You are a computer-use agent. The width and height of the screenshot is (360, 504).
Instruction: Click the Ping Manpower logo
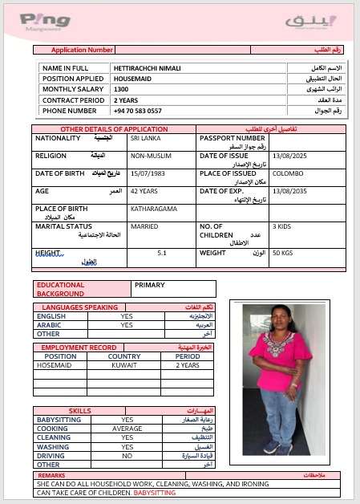[44, 20]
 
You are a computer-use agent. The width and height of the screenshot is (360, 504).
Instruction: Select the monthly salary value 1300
[121, 89]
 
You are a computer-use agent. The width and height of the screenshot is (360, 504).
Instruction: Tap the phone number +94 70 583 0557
[138, 111]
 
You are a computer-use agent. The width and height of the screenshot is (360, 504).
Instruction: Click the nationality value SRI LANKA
[146, 139]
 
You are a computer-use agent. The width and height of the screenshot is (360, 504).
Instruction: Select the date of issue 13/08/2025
[289, 156]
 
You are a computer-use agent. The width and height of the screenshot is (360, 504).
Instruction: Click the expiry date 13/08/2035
[289, 192]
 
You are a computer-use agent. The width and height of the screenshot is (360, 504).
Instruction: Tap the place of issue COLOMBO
[288, 173]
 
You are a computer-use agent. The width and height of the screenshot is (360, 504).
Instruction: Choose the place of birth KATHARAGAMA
[152, 209]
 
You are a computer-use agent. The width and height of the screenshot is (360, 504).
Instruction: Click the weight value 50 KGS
[283, 254]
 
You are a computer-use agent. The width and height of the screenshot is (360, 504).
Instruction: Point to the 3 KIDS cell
[282, 226]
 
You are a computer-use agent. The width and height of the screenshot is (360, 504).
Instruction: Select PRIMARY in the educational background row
[150, 285]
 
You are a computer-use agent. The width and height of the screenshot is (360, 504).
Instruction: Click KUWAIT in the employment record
[123, 365]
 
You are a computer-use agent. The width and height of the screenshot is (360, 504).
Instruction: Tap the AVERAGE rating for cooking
[127, 429]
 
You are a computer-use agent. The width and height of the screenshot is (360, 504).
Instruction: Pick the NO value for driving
[127, 455]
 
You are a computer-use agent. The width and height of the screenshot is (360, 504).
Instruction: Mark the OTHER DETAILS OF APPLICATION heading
[114, 129]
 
